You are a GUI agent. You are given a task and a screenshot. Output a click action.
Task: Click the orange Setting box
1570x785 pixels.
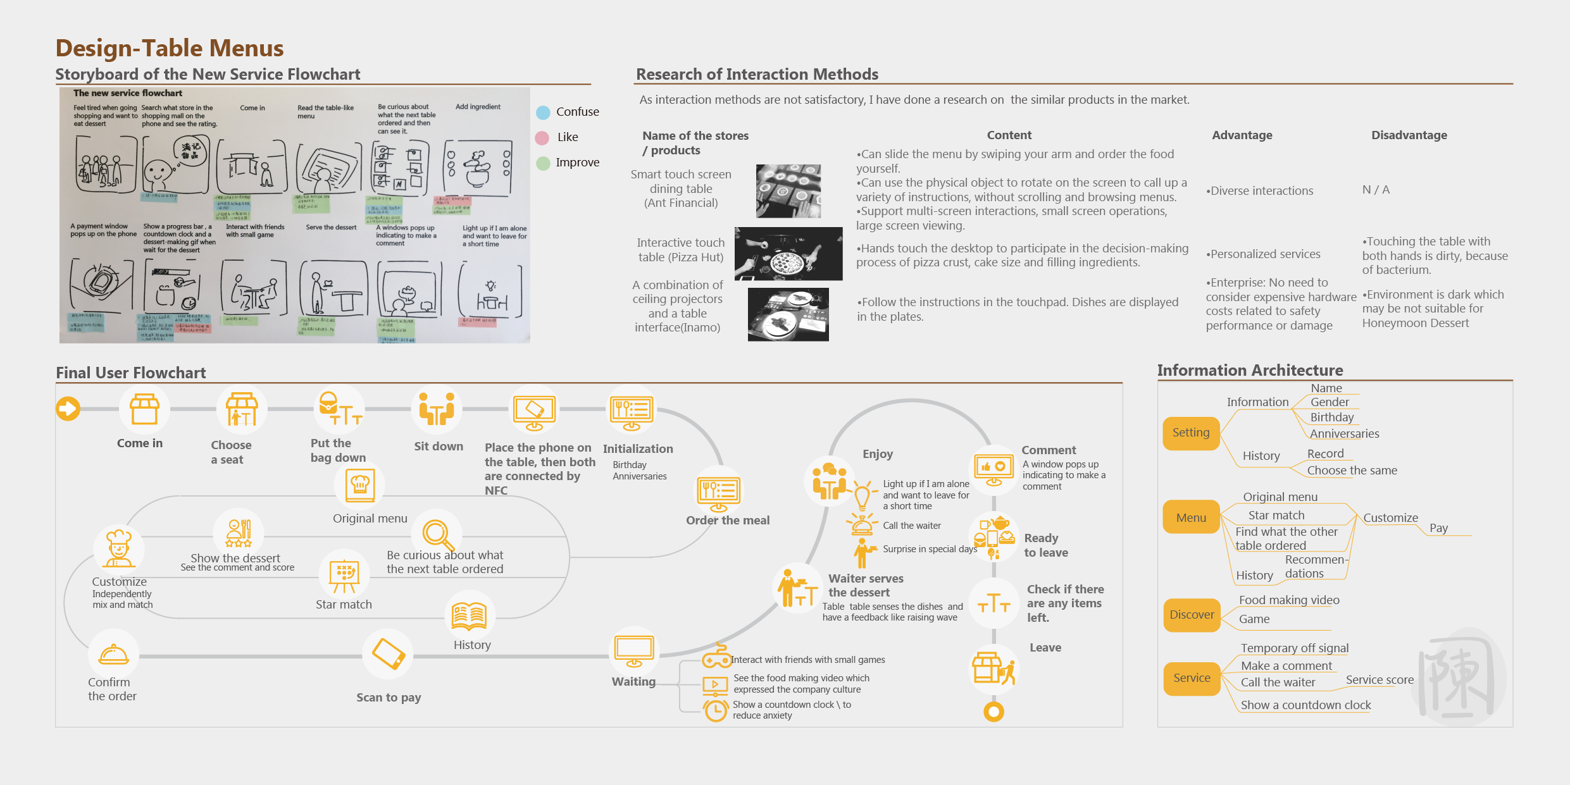pos(1191,433)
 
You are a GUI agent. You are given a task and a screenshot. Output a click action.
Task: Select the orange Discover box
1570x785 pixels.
pos(1192,615)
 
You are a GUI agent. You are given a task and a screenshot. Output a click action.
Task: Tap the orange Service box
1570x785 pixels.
pos(1192,678)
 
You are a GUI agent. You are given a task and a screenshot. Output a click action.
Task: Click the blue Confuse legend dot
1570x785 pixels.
pos(543,113)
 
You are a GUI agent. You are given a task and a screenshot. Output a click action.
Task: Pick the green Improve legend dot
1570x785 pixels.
pos(543,163)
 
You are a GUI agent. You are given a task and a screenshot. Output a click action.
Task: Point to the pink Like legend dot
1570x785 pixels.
pos(542,138)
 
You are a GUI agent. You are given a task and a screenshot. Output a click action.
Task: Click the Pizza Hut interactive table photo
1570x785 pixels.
pos(788,254)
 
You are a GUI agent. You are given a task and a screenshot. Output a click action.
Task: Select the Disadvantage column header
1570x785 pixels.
pos(1409,135)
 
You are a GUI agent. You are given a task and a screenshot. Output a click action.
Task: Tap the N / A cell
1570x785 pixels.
pos(1376,190)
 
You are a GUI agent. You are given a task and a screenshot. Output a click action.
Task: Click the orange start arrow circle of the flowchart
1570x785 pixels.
pos(68,409)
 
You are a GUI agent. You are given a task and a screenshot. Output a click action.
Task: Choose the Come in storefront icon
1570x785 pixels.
pos(144,409)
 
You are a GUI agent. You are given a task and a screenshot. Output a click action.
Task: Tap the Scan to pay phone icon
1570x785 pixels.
pos(389,653)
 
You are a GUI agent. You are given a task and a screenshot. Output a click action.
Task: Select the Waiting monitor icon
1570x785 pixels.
pos(634,652)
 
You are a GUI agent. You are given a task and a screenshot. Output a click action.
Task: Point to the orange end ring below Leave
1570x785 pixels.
pos(994,712)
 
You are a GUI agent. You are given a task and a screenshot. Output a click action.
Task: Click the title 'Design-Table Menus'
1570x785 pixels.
pos(170,48)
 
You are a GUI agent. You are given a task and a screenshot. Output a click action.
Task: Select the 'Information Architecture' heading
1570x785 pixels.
pos(1250,371)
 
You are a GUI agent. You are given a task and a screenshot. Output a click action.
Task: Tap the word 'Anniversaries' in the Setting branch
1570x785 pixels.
pos(1344,434)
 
